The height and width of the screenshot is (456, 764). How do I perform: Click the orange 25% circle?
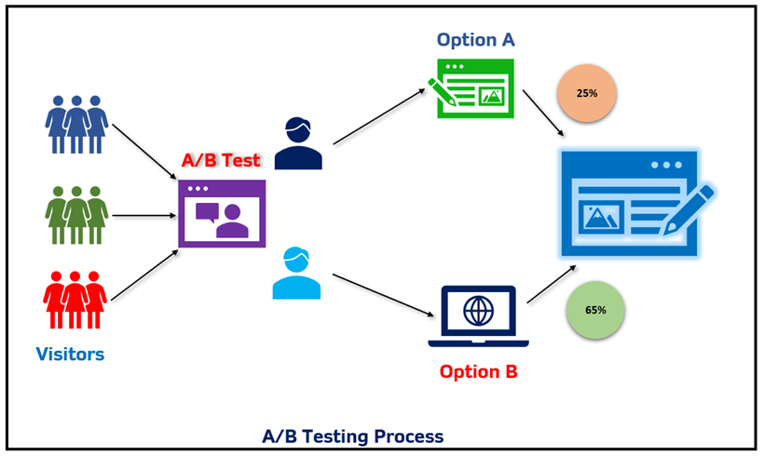[x=587, y=94]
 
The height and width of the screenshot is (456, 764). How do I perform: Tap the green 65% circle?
[x=595, y=309]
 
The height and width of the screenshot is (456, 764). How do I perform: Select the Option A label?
[x=475, y=40]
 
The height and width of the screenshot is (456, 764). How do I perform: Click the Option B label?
[x=478, y=372]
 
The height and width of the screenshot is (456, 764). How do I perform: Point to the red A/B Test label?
[x=221, y=161]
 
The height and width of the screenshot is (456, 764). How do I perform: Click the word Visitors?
[x=70, y=355]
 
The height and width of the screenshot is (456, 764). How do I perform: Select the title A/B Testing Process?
[x=352, y=436]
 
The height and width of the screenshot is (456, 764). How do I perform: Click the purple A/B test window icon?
[x=222, y=213]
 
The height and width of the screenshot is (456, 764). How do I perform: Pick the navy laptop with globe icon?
[x=478, y=317]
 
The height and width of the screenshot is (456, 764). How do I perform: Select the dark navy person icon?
[x=298, y=144]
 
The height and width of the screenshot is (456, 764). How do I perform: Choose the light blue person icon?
[x=296, y=274]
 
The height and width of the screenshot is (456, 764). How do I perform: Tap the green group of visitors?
[x=76, y=214]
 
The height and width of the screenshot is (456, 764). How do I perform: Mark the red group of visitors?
[x=75, y=299]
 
